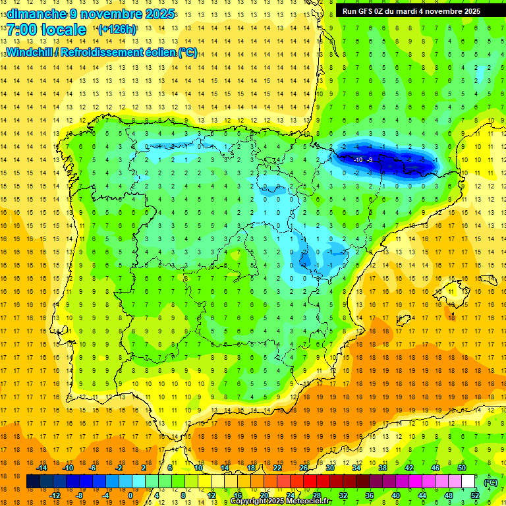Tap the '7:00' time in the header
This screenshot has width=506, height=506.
pos(22,30)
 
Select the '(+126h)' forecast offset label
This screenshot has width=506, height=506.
pos(117,30)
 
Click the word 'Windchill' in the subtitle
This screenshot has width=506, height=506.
pos(32,53)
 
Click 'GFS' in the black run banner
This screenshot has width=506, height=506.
pos(370,11)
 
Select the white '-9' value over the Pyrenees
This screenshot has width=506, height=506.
pos(370,160)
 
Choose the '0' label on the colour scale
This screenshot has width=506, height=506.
pos(130,495)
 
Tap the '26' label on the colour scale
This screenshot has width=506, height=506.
pos(304,468)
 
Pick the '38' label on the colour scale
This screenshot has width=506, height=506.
pos(383,468)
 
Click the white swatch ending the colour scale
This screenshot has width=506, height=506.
pos(468,482)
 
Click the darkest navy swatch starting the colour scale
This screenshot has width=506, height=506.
pos(33,482)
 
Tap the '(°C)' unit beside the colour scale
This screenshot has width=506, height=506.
pos(491,482)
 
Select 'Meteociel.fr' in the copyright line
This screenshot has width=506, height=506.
pos(309,501)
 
